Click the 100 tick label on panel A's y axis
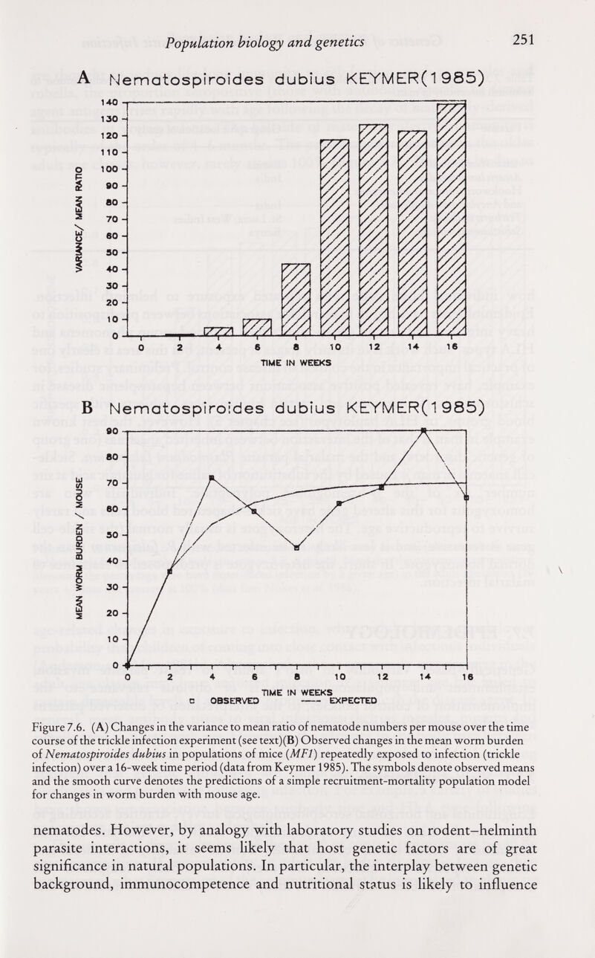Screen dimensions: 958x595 click(110, 171)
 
